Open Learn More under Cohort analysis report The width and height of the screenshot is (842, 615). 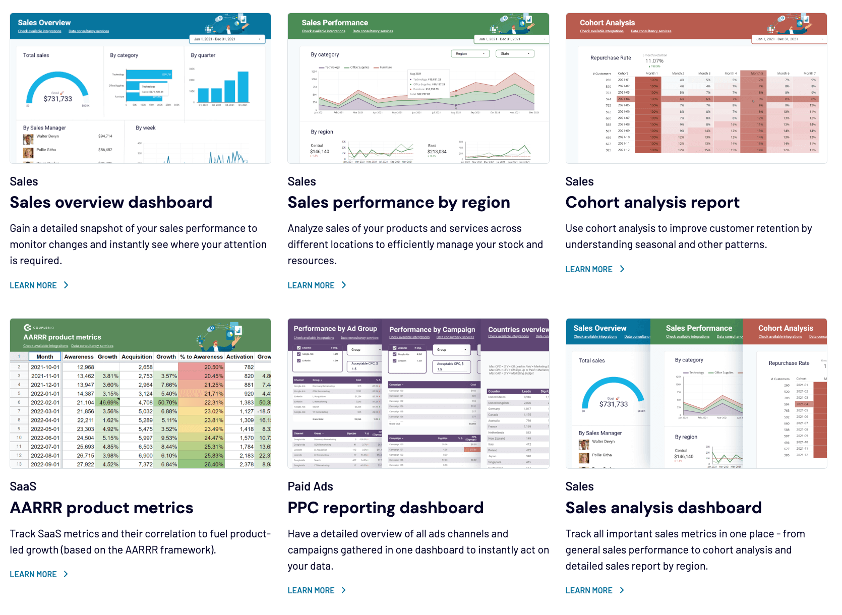(x=594, y=269)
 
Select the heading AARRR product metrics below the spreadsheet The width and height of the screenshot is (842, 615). (x=101, y=508)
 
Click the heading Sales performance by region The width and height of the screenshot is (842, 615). (x=398, y=202)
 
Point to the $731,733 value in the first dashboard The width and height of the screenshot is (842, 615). (x=58, y=99)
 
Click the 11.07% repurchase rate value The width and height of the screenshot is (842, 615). (x=654, y=61)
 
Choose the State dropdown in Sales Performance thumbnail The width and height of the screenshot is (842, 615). (x=515, y=53)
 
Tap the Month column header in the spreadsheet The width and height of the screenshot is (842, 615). (x=44, y=356)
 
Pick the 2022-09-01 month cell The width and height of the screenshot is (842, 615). (x=45, y=464)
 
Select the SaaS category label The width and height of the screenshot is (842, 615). (x=23, y=486)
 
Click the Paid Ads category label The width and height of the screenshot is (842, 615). (x=310, y=486)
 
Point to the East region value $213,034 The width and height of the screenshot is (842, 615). (x=437, y=151)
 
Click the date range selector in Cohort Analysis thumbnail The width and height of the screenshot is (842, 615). (x=789, y=39)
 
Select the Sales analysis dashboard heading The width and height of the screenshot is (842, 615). (x=663, y=508)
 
